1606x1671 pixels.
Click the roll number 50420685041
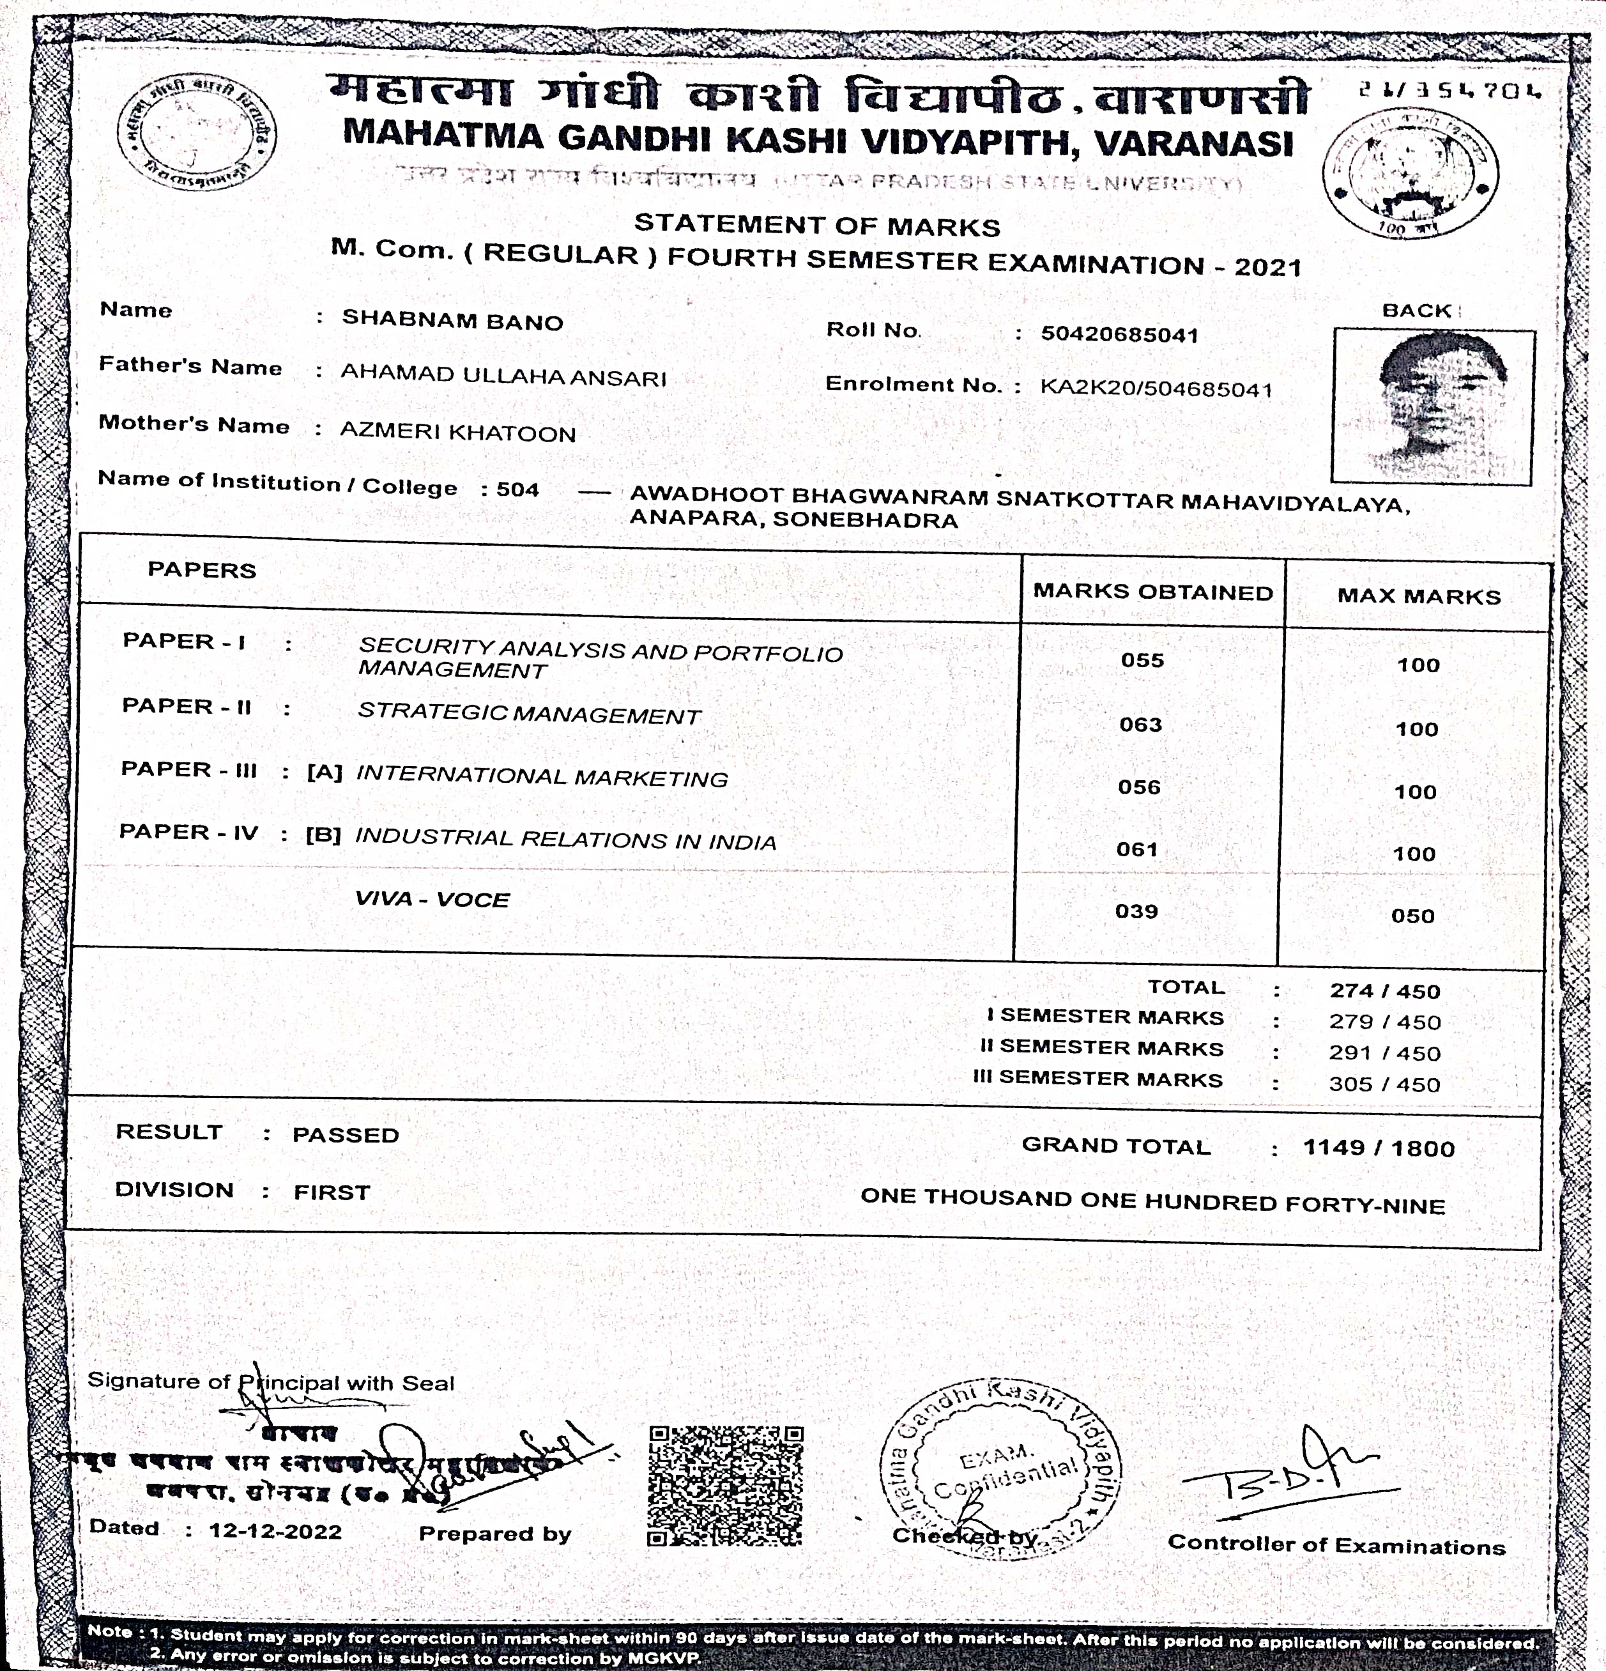tap(1119, 334)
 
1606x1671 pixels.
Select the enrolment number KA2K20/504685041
tap(1156, 389)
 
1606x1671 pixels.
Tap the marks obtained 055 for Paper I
tap(1142, 661)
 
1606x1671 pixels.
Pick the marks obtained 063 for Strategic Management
tap(1140, 725)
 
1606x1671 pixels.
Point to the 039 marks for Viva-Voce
tap(1136, 911)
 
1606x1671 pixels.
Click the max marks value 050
tap(1412, 916)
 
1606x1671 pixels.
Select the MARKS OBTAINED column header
tap(1152, 592)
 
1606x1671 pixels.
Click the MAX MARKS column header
tap(1418, 596)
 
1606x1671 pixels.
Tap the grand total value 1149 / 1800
tap(1379, 1148)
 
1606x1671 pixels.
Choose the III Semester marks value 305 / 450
tap(1384, 1084)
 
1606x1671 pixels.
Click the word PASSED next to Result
tap(345, 1135)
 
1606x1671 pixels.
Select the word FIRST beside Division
tap(332, 1192)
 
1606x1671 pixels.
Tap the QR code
tap(724, 1486)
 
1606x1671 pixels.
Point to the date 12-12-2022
tap(275, 1531)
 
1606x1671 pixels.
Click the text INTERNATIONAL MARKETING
tap(541, 776)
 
